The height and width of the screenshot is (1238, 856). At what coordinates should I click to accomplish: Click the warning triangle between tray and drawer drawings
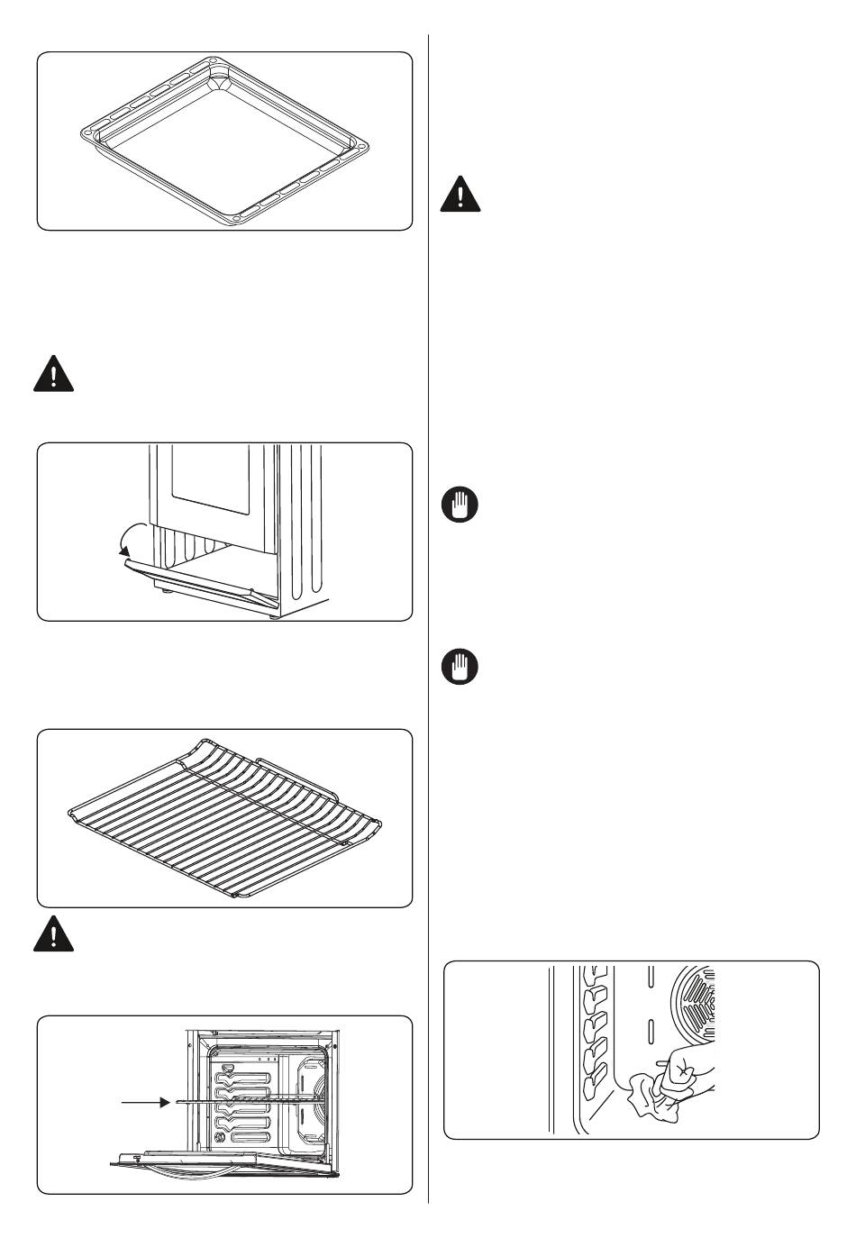(53, 374)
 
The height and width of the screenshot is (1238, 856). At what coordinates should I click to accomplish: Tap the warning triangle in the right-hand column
(460, 195)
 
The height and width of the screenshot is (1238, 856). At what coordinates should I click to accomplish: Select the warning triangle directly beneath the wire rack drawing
(53, 934)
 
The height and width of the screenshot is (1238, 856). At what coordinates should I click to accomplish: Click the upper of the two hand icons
(460, 505)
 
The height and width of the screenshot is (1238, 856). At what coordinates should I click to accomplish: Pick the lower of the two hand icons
(460, 668)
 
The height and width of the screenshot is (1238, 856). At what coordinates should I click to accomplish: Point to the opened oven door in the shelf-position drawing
(225, 1168)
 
